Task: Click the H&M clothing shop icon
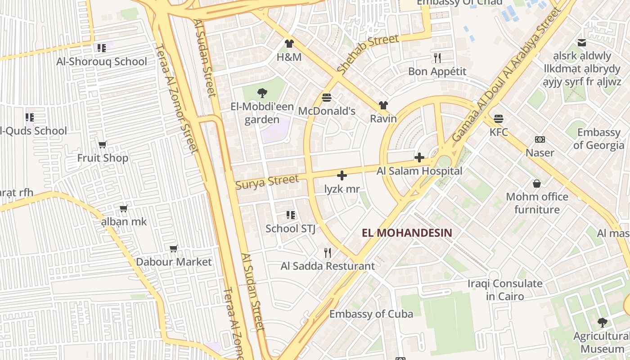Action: coord(289,44)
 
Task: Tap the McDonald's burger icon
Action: coord(327,97)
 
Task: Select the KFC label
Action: coord(499,132)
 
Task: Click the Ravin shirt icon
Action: coord(383,105)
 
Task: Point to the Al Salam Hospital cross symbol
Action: coord(419,157)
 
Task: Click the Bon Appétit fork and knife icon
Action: coord(437,58)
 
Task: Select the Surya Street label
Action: coord(267,182)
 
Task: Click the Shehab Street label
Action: coord(368,54)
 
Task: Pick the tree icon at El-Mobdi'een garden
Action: coord(262,93)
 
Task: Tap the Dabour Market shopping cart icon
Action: coord(174,248)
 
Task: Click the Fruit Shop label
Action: coord(103,158)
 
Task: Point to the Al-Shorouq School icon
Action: coord(102,48)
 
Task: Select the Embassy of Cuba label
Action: coord(371,314)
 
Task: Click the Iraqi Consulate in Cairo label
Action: coord(504,290)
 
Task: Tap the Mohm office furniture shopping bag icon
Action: coord(536,184)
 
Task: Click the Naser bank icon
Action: coord(540,139)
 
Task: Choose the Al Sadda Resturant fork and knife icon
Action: coord(328,253)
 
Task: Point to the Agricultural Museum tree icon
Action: coord(602,322)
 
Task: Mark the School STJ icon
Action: coord(290,215)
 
